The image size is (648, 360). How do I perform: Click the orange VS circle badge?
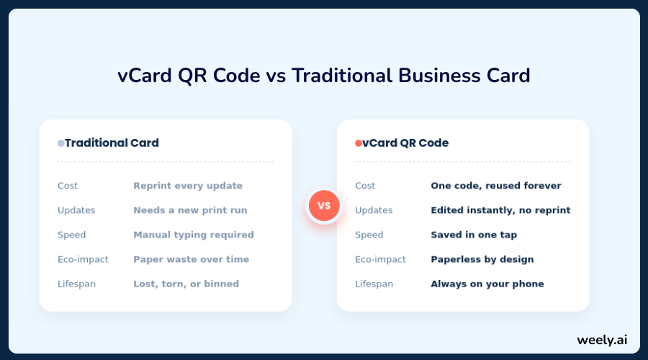tap(324, 205)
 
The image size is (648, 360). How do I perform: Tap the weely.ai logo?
tap(602, 340)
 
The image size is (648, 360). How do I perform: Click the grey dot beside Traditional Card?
tap(60, 143)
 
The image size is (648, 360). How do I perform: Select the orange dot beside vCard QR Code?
tap(359, 143)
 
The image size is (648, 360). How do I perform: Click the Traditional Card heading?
tap(112, 143)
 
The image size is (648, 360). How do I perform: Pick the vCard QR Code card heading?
tap(405, 143)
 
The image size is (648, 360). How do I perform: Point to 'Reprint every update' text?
tap(188, 186)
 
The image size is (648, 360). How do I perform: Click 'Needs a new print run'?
tap(191, 210)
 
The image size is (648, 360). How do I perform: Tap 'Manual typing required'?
tap(194, 235)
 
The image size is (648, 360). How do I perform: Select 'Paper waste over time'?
tap(192, 259)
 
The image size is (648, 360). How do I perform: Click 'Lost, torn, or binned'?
tap(186, 284)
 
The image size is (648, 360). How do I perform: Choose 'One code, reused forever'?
tap(496, 186)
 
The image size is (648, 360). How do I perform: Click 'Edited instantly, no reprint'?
tap(501, 210)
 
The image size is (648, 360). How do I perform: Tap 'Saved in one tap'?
tap(474, 235)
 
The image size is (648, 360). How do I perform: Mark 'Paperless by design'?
tap(482, 259)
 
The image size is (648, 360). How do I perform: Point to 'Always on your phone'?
tap(487, 284)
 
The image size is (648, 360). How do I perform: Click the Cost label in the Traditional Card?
tap(68, 186)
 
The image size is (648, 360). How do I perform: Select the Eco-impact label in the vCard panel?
tap(381, 259)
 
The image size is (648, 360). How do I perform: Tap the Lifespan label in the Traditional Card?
tap(76, 284)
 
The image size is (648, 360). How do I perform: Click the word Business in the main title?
tap(439, 76)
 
